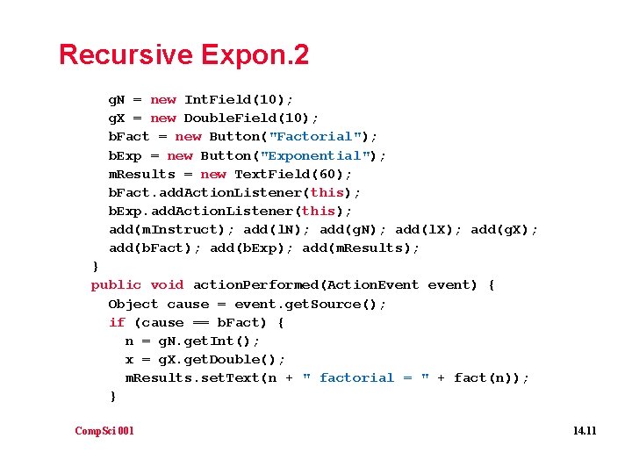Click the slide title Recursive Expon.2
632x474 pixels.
(x=183, y=55)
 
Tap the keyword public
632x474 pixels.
(x=116, y=285)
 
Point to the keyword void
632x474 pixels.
(x=167, y=285)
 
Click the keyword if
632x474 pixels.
(x=117, y=322)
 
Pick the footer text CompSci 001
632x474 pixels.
(x=104, y=430)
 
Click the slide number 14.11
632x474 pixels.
(x=584, y=430)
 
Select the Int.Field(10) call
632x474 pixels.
(x=239, y=100)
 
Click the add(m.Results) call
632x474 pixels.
(x=361, y=248)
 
